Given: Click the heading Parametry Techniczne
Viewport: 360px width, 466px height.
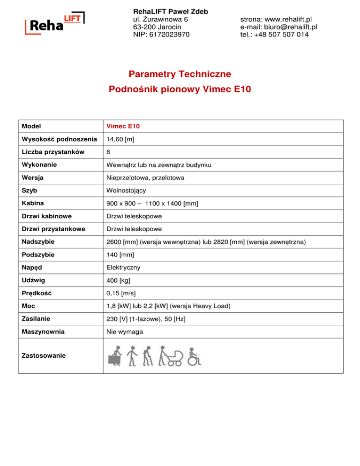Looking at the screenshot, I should (180, 74).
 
